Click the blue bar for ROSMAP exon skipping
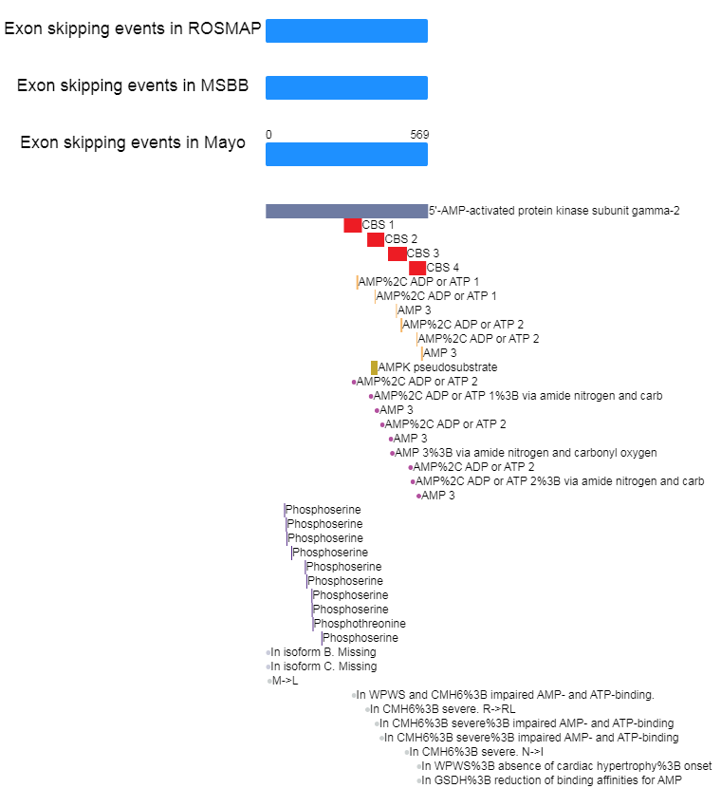point(346,31)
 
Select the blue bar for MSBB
point(346,87)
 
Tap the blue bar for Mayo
point(346,155)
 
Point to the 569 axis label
point(419,135)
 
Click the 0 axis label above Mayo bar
point(268,135)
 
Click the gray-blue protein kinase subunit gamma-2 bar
point(346,211)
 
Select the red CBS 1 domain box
point(353,225)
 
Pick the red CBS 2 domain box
point(376,240)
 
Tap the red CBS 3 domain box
point(397,253)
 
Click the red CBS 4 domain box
point(417,268)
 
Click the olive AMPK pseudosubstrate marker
point(374,368)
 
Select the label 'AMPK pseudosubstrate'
point(437,367)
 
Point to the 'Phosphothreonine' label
point(360,624)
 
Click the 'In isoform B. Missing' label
point(324,652)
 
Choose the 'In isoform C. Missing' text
point(324,666)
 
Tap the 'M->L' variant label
point(285,681)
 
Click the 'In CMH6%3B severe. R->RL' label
point(443,709)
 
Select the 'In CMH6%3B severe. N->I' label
point(476,752)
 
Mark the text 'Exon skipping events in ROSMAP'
point(133,28)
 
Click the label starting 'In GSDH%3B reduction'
point(552,780)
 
